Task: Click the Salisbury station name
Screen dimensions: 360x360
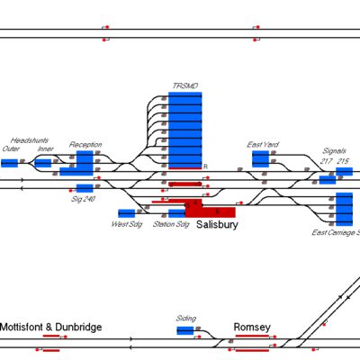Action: [x=217, y=225]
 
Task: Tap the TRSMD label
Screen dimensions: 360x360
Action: [x=184, y=86]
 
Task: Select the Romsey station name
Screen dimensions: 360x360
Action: [x=252, y=327]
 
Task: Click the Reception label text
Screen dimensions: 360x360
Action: [x=85, y=144]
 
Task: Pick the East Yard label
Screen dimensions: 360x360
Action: [x=264, y=144]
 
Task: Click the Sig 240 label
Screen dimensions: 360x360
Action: [x=84, y=198]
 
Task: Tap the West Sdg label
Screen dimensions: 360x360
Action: [x=125, y=224]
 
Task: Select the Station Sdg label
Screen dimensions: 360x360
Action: [x=171, y=224]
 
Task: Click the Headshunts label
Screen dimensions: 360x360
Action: [x=28, y=140]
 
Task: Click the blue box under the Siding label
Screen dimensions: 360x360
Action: [x=185, y=331]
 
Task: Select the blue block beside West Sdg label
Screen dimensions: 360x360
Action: [x=125, y=213]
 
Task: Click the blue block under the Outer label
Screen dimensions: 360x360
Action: [x=10, y=163]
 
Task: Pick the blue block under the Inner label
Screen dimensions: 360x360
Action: [x=42, y=163]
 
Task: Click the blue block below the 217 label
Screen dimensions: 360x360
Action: [x=328, y=179]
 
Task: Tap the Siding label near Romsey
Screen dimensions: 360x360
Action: [x=186, y=319]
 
